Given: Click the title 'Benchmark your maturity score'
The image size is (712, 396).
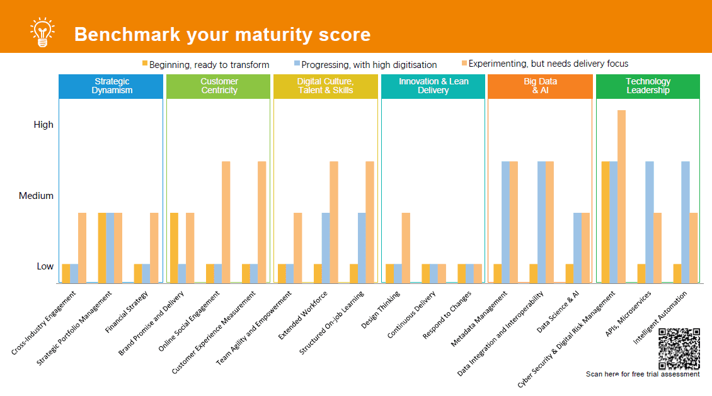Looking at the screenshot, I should pos(222,34).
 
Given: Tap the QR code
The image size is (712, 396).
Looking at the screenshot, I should pos(679,349).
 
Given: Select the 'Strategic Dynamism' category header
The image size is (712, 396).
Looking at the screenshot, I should pos(112,86).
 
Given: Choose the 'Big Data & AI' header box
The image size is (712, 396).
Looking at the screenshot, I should pos(540,86).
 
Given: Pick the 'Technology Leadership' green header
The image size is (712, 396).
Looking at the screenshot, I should pos(648,86).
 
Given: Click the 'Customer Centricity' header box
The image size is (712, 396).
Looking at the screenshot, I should pos(219,86).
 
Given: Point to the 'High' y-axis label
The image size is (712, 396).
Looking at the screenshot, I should pos(43,125).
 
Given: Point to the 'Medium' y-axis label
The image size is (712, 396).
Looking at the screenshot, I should pos(36,196).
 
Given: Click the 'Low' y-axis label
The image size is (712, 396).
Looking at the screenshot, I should pos(45,266).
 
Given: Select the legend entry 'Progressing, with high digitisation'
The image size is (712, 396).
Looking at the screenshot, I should pos(369,64).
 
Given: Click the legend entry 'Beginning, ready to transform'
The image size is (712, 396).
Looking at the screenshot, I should pos(209,64).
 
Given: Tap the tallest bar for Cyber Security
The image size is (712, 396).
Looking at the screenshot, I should pos(621,196).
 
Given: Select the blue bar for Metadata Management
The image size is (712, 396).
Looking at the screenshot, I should pos(505,222).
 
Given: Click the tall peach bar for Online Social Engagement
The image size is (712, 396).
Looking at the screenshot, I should pos(226,222).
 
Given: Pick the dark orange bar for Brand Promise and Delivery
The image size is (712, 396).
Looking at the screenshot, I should pos(174,247).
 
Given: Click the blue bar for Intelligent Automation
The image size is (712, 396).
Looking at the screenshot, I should pos(686,222).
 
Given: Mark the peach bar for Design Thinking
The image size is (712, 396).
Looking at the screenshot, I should pos(406,247).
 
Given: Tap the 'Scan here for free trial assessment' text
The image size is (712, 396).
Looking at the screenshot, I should pos(643,374).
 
